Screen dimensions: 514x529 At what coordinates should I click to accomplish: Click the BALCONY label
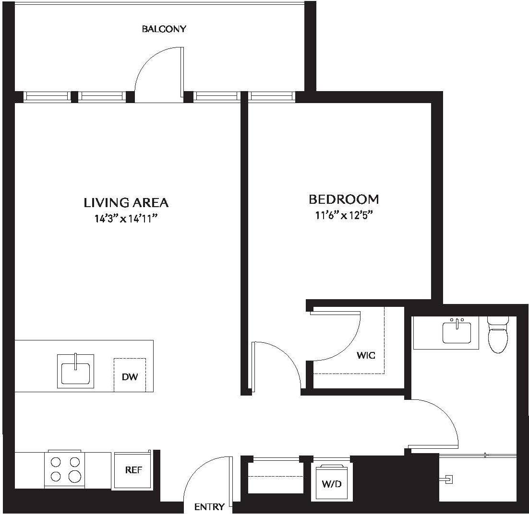point(164,29)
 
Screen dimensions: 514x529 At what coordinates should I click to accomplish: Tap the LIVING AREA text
point(126,203)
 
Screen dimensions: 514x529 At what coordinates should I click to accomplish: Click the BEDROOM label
point(343,199)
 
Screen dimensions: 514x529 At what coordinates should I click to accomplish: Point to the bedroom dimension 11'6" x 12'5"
point(344,215)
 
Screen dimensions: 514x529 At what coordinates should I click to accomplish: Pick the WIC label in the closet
point(366,355)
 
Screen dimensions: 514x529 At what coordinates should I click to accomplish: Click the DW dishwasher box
point(130,375)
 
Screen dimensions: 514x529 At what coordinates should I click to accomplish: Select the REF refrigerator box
point(133,470)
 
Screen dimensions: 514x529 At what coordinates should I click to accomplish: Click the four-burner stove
point(65,470)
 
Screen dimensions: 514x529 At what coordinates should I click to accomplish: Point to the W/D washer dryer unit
point(331,482)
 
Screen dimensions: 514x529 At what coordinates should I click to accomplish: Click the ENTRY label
point(209,507)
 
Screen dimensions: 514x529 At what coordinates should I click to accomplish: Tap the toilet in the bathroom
point(497,334)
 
